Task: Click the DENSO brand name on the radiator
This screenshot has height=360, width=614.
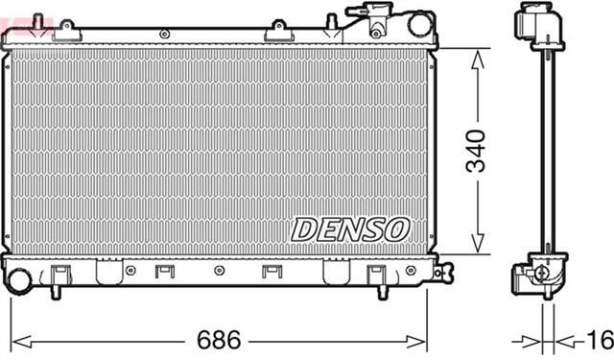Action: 350,228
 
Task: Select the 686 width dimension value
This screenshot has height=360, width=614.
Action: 218,341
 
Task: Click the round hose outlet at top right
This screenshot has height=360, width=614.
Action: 420,24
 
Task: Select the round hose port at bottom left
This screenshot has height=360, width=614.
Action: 17,279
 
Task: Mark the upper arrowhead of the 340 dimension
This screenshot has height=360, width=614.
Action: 477,55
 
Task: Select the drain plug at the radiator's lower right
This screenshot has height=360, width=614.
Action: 442,273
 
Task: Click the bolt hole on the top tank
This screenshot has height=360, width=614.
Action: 164,34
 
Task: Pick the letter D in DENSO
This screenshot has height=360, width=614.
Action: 305,228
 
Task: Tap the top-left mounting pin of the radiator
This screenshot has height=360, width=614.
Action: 37,19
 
